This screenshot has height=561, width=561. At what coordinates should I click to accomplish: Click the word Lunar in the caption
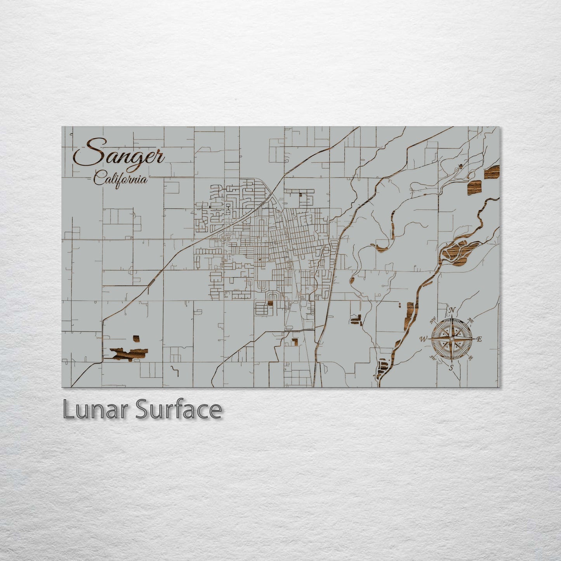(97, 410)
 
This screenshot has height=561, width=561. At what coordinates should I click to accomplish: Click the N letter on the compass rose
(452, 310)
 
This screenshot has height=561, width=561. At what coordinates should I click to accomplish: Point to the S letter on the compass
(451, 367)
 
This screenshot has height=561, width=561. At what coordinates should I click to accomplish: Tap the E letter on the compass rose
(479, 339)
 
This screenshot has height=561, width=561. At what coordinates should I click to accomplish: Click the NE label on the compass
(471, 321)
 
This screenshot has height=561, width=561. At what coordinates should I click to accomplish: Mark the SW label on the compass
(432, 358)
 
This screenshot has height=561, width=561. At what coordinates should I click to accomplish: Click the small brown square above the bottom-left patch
(136, 339)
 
